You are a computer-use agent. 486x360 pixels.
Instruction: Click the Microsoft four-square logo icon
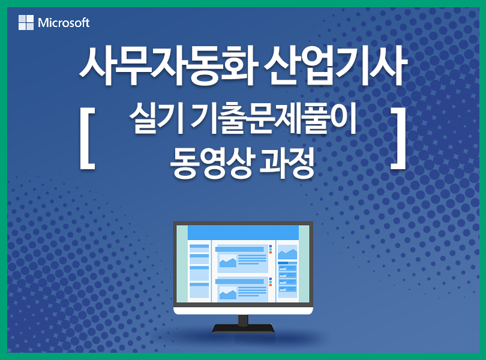point(26,22)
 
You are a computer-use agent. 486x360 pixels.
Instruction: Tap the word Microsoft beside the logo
point(64,23)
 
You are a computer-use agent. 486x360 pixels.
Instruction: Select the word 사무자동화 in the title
point(169,67)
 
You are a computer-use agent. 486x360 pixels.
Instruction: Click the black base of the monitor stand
point(244,328)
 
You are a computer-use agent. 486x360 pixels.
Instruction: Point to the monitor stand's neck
point(244,320)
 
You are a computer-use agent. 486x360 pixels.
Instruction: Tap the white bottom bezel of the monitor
point(244,310)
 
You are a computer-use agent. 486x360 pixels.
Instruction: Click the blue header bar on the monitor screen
point(244,233)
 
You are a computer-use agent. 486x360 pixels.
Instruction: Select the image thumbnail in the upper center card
point(228,261)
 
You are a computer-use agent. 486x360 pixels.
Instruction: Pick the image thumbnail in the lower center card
point(228,293)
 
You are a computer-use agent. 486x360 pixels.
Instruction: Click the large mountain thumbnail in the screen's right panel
point(287,252)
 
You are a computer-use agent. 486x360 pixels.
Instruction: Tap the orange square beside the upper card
point(270,253)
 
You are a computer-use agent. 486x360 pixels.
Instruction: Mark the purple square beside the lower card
point(270,279)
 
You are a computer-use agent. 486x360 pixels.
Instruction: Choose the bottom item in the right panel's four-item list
point(287,289)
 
